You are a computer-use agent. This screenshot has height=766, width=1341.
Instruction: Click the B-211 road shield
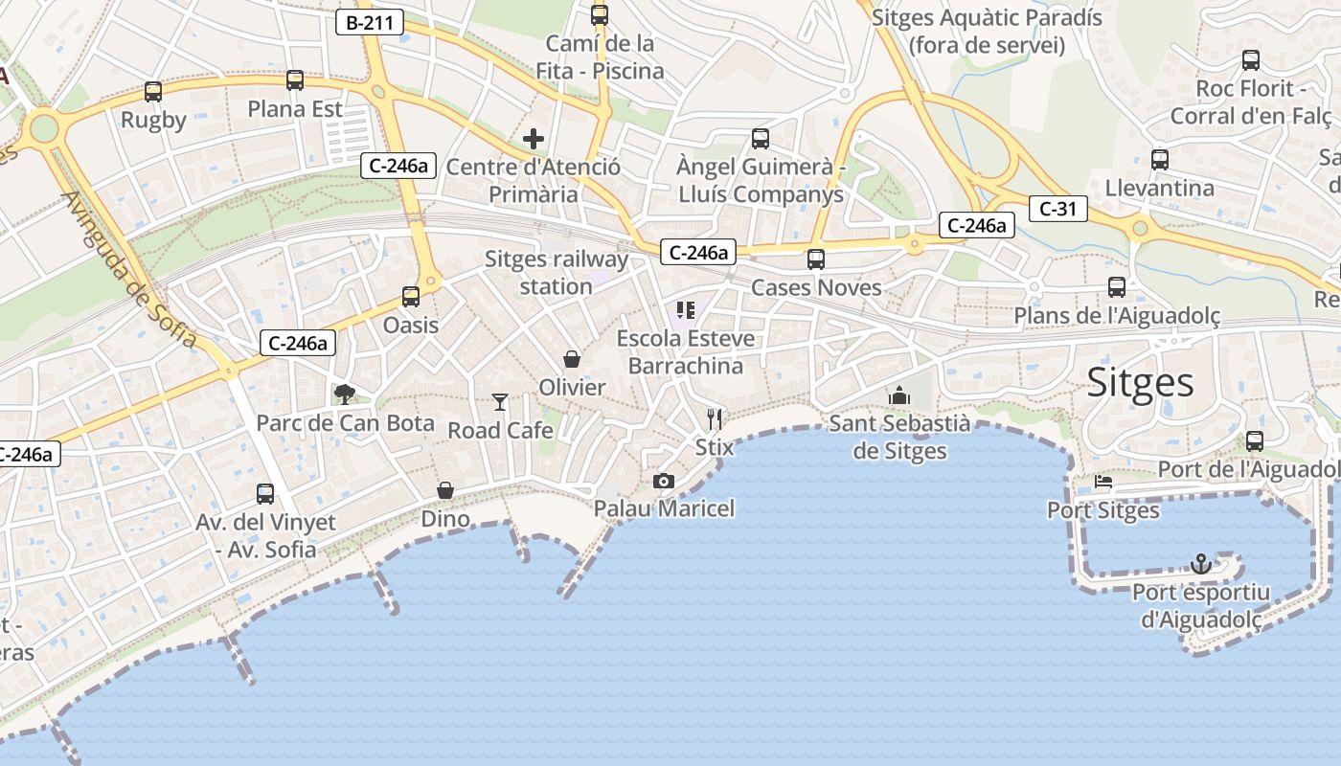point(369,23)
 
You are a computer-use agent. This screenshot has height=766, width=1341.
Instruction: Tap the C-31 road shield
point(1058,208)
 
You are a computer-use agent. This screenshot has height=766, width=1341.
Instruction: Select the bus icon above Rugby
point(153,92)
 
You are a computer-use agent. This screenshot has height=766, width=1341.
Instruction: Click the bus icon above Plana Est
point(295,80)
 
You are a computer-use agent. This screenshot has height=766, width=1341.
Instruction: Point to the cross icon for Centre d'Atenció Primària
point(534,139)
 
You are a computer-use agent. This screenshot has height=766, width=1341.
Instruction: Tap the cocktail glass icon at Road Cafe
point(499,401)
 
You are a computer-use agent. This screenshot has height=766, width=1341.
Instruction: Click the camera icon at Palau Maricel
point(663,481)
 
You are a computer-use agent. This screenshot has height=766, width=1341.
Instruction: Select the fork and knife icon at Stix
point(714,418)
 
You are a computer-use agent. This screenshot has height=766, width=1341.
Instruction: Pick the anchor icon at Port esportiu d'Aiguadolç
point(1201,563)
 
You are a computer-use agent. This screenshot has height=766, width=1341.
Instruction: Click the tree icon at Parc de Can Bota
point(344,394)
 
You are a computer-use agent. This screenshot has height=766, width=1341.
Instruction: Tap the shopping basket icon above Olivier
point(572,359)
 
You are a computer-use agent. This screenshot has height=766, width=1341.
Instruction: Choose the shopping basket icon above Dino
point(445,490)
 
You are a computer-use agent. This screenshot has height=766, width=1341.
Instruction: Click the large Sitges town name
point(1140,382)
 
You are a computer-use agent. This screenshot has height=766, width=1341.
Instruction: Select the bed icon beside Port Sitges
point(1103,482)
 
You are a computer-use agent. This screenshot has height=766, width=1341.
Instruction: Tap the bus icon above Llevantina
point(1160,160)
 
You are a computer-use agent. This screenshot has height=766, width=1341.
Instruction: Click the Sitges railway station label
point(557,273)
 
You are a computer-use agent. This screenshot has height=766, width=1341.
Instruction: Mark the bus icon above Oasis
point(411,297)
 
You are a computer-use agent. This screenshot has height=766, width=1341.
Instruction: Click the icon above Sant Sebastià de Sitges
point(899,395)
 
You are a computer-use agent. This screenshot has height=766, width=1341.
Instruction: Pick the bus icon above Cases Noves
point(816,259)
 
